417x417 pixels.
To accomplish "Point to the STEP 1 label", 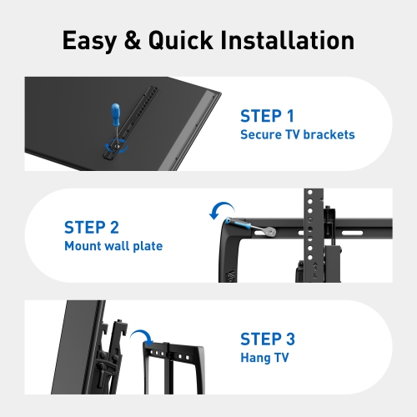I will coord(267,116).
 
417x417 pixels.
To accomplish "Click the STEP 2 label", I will coord(92,227).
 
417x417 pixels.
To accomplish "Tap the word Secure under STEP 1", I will coord(259,134).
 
